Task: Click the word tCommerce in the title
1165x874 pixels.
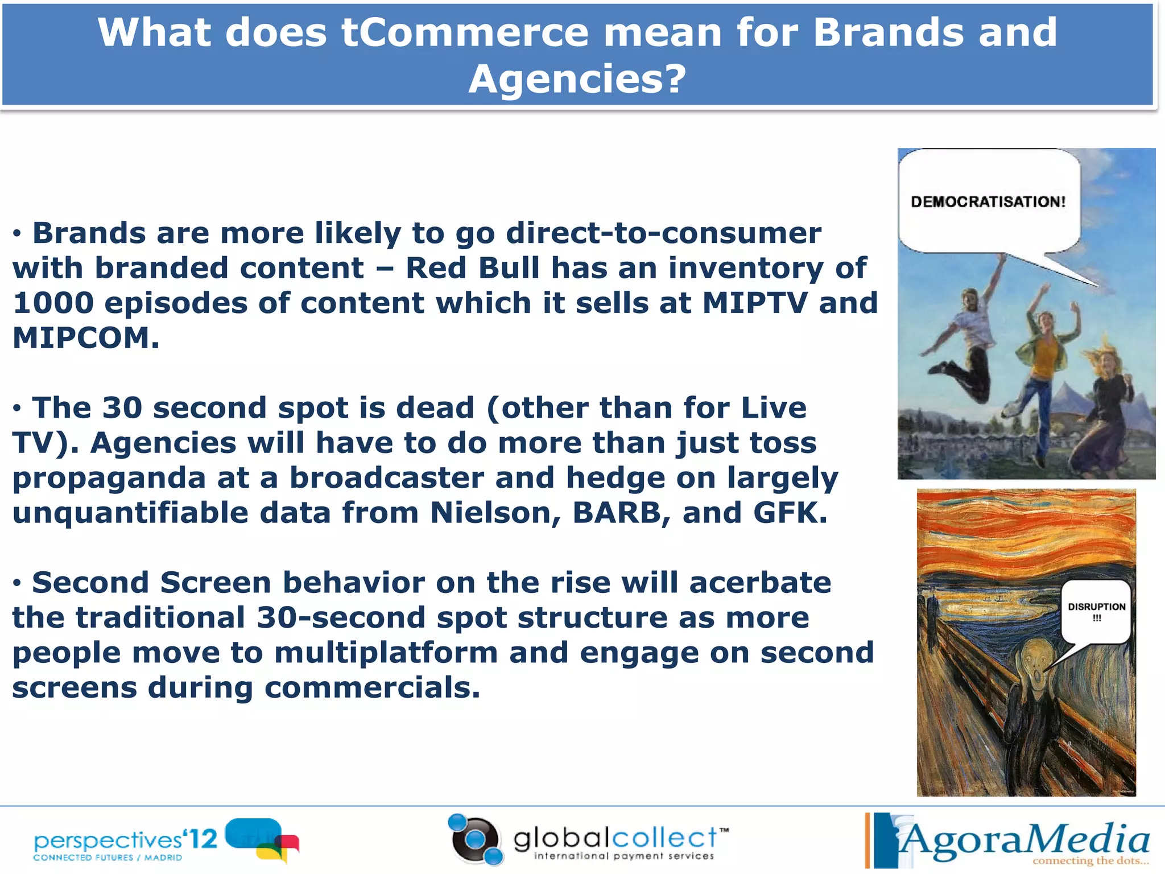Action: click(x=464, y=32)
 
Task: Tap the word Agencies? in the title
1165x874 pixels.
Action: click(x=577, y=79)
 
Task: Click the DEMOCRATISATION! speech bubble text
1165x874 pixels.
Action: click(x=988, y=201)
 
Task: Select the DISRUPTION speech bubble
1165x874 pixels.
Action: click(x=1096, y=611)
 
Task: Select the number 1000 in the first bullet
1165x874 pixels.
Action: click(x=53, y=303)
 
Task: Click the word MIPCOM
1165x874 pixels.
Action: click(x=85, y=338)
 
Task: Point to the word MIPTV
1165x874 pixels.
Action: click(x=754, y=303)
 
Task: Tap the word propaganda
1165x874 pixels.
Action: click(x=109, y=478)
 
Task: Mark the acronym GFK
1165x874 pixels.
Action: click(x=790, y=513)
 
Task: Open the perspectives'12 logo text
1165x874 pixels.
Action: click(x=125, y=840)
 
